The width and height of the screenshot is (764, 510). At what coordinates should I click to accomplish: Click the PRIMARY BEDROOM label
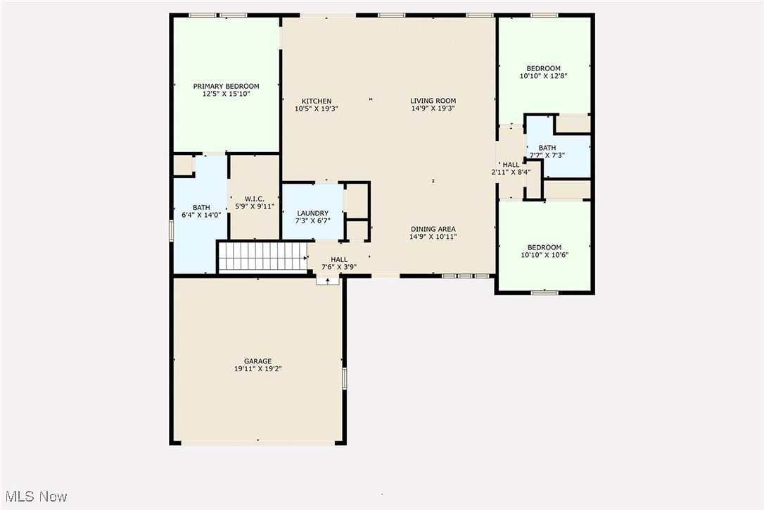point(226,86)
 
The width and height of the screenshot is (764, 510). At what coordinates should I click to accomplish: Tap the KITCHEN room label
point(317,101)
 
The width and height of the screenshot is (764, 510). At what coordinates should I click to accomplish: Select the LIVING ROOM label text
point(433,101)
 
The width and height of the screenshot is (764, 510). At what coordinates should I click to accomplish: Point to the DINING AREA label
point(433,229)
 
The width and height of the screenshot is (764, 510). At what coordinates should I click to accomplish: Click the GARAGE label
point(258,361)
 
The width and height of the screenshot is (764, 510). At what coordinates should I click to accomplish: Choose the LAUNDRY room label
point(312,213)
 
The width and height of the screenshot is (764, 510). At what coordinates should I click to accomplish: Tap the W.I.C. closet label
point(255,199)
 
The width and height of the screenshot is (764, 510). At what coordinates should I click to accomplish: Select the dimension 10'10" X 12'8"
point(544,76)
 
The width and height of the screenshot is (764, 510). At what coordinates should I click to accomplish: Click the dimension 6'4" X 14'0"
point(201,215)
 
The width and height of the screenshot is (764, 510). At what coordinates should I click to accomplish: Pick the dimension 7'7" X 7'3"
point(547,155)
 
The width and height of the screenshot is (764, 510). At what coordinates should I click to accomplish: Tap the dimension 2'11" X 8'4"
point(511,172)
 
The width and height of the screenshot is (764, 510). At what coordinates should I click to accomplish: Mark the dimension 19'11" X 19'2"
point(258,368)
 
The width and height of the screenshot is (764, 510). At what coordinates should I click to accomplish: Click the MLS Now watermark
point(34,497)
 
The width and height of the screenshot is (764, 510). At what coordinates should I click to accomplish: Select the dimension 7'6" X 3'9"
point(339,267)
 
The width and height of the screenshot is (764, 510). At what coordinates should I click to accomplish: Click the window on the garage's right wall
point(344,378)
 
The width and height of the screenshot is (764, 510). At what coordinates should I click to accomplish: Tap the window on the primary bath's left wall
point(171,230)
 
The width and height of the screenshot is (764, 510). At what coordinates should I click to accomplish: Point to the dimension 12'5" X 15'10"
point(226,93)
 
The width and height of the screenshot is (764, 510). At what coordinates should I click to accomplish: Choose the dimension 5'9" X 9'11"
point(255,206)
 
